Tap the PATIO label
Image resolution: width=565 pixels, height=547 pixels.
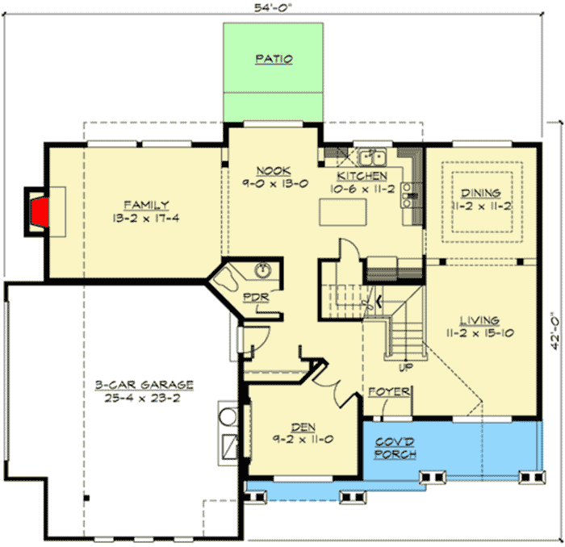pyautogui.click(x=274, y=59)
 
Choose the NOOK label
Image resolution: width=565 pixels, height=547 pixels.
pyautogui.click(x=268, y=170)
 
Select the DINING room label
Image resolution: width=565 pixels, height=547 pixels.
pyautogui.click(x=480, y=193)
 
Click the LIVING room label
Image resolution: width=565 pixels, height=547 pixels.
pyautogui.click(x=480, y=320)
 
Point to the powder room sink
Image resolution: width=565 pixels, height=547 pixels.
pyautogui.click(x=262, y=269)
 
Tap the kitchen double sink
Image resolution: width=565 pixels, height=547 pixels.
pyautogui.click(x=372, y=157)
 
